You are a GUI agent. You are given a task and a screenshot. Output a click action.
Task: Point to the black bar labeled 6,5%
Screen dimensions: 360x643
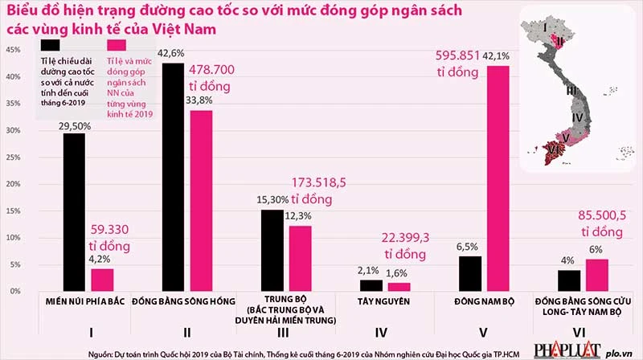point(470,273)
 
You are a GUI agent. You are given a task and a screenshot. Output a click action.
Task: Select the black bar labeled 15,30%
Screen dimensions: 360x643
point(272,250)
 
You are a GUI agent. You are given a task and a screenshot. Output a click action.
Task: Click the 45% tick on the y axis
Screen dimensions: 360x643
point(13,50)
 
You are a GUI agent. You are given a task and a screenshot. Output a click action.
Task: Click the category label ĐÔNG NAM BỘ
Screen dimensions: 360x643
point(483,301)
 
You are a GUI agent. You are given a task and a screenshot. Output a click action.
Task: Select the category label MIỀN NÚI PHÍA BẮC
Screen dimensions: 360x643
point(88,301)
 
